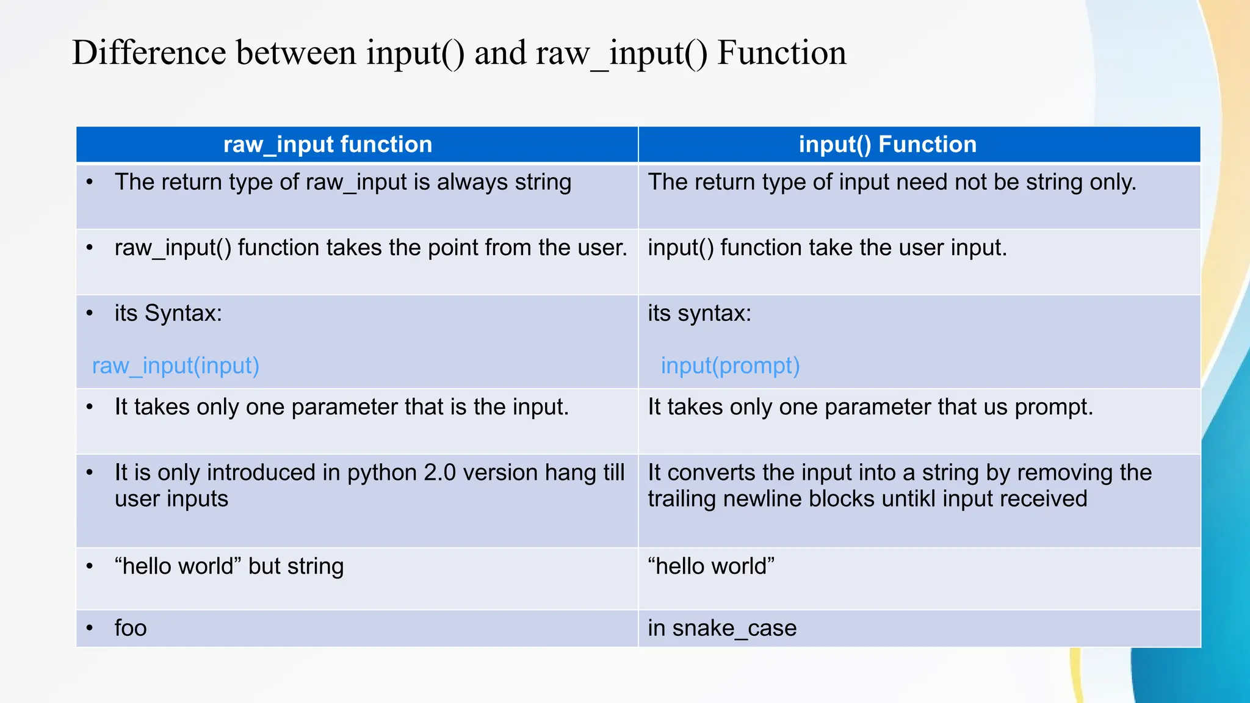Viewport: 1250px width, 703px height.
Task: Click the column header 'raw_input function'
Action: click(x=328, y=145)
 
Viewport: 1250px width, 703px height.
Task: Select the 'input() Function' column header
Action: click(x=887, y=145)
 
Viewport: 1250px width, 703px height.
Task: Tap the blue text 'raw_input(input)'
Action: click(x=176, y=366)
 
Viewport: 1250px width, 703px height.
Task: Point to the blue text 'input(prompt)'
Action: click(x=730, y=366)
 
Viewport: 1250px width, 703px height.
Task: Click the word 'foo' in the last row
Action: click(x=131, y=628)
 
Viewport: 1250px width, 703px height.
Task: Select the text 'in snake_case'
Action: click(x=722, y=628)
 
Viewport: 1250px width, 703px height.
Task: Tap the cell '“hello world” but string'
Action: click(x=229, y=566)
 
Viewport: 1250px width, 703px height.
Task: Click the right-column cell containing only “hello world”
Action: click(x=711, y=566)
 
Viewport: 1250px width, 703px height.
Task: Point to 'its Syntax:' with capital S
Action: click(x=168, y=314)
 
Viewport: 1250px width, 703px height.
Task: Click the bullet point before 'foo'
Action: click(x=90, y=628)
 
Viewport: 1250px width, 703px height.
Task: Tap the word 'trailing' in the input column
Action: click(x=682, y=499)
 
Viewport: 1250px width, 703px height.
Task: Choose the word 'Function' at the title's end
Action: click(x=782, y=52)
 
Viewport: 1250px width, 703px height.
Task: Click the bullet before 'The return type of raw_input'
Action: click(x=90, y=182)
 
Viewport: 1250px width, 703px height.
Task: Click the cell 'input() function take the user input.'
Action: click(x=827, y=248)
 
